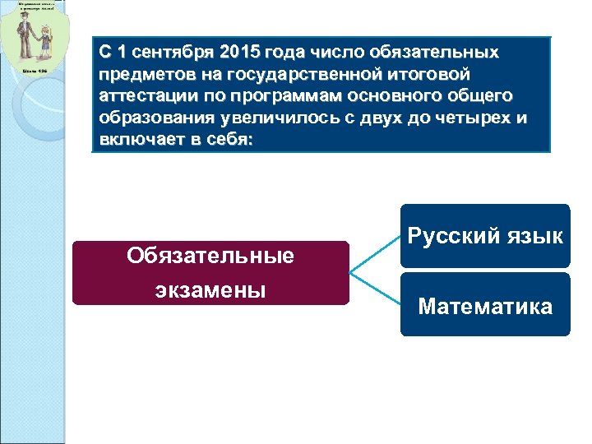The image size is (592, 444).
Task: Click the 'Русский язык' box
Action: click(485, 236)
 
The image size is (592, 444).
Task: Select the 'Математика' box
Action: click(485, 306)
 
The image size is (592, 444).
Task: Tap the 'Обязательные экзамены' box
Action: click(210, 273)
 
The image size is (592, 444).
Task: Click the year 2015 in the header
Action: click(237, 53)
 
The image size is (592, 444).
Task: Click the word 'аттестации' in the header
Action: click(138, 97)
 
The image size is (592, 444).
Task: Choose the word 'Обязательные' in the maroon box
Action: click(210, 256)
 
